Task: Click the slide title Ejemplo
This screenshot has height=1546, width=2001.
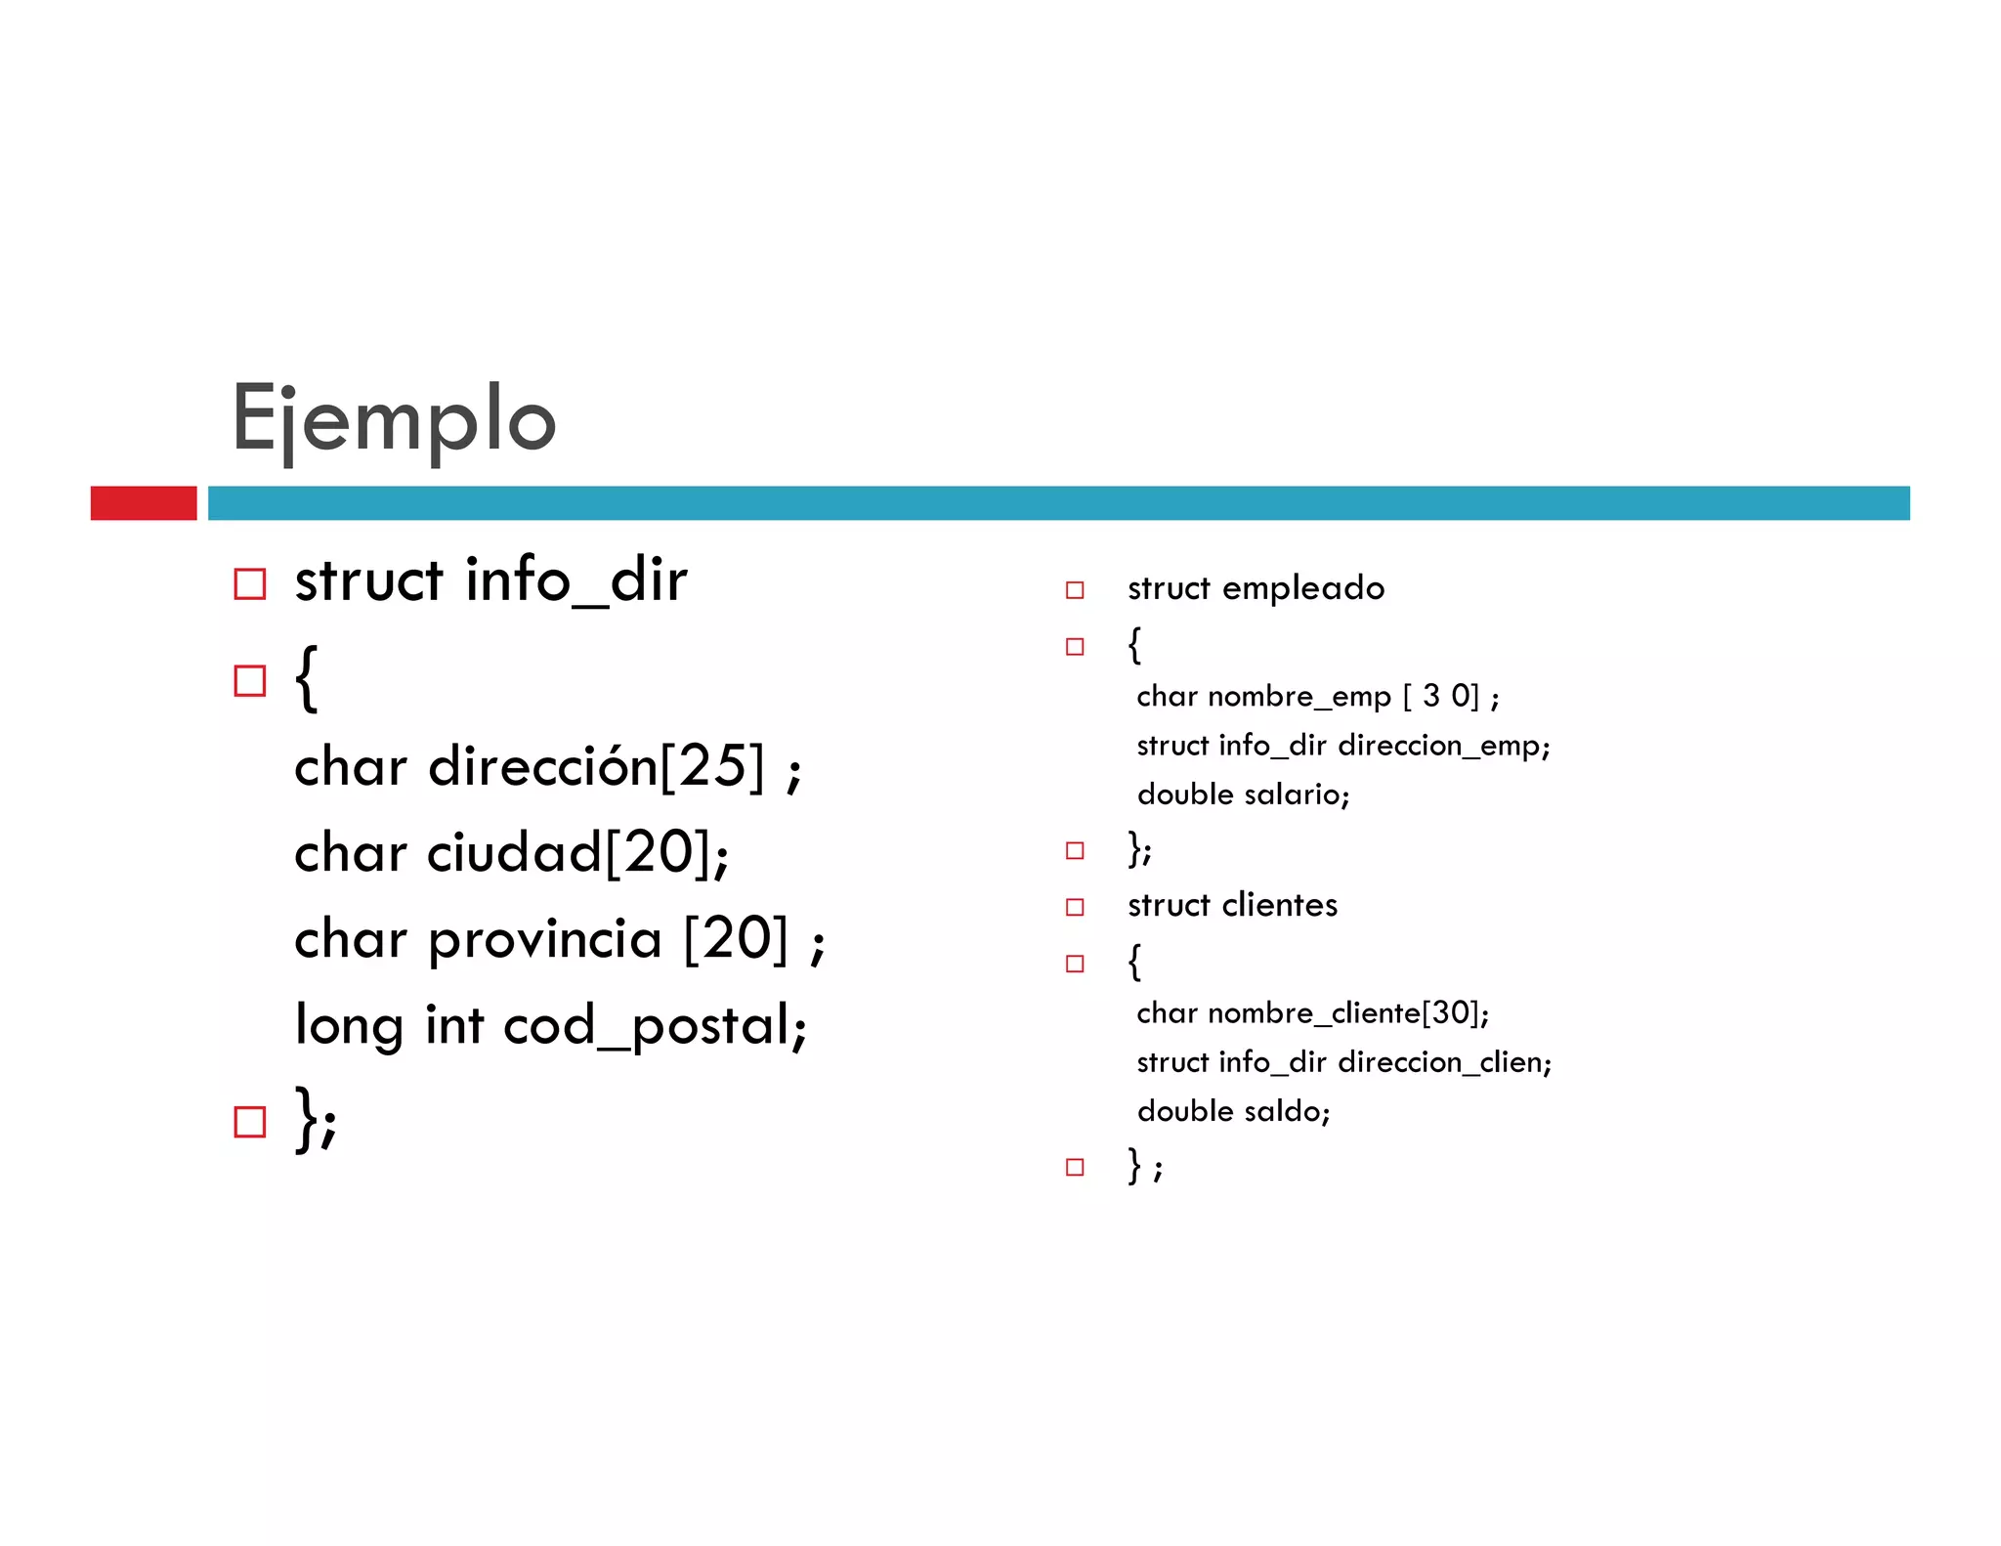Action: pos(394,418)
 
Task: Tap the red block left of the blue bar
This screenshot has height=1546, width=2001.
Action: pos(144,503)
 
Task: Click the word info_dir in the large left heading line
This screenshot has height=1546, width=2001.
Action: pos(576,580)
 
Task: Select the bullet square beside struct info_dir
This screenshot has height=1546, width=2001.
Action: pos(250,584)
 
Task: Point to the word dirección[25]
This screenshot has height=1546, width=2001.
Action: pos(596,765)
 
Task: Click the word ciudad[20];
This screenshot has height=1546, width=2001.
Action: pos(577,852)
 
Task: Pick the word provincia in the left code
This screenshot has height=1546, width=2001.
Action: pos(544,939)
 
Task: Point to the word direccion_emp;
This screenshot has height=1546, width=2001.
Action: pos(1444,746)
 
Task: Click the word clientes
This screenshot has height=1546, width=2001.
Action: pos(1280,905)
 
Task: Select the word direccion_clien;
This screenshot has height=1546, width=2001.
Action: pos(1445,1062)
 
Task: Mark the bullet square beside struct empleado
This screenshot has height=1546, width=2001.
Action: pos(1075,590)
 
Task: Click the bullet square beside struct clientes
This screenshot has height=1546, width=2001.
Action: pos(1075,907)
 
